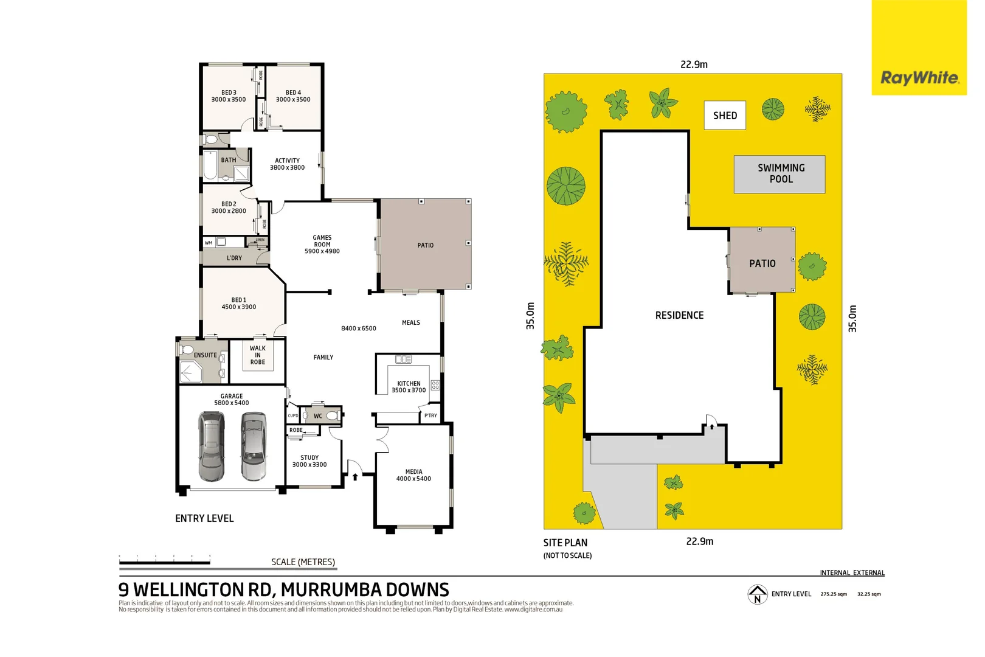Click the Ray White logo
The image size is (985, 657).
click(919, 78)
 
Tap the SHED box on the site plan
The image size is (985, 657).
click(725, 116)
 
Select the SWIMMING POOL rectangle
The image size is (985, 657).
click(779, 174)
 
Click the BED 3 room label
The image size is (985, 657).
click(229, 92)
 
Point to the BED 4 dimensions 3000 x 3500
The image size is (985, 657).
click(293, 100)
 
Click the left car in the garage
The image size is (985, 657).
click(211, 446)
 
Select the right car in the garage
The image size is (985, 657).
click(253, 446)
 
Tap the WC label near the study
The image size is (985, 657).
click(318, 416)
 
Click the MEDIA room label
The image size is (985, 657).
click(413, 471)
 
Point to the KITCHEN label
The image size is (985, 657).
click(409, 383)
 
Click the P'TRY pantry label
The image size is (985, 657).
click(430, 415)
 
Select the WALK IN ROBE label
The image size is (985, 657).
click(258, 355)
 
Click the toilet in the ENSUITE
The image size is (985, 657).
click(187, 349)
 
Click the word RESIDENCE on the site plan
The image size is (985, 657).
click(679, 315)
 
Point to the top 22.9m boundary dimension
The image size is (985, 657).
click(694, 64)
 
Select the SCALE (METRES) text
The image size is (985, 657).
click(303, 562)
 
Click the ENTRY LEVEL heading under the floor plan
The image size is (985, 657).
click(204, 518)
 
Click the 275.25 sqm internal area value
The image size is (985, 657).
click(834, 594)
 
